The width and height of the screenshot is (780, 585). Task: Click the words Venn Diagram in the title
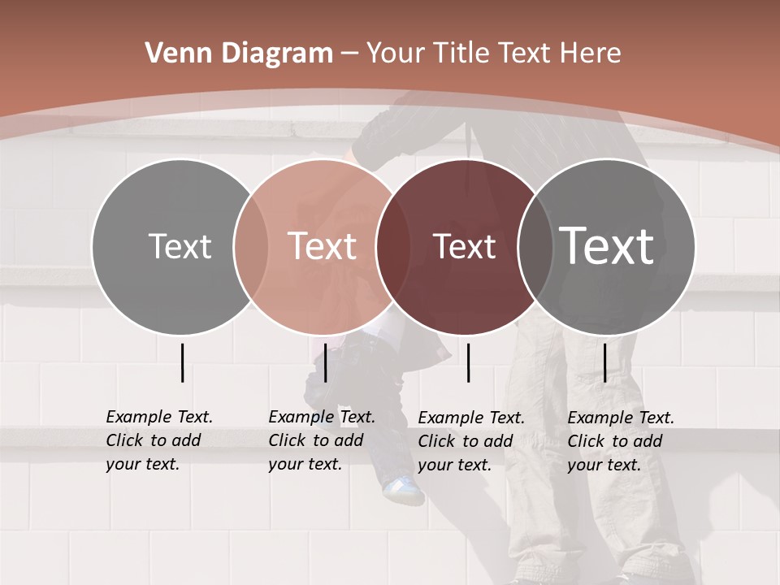[239, 54]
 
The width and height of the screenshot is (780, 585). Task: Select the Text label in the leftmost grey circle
[180, 246]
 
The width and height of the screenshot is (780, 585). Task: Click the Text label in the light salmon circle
[323, 246]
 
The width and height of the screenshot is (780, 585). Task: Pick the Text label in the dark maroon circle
[464, 246]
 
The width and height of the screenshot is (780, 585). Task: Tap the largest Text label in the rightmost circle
[607, 245]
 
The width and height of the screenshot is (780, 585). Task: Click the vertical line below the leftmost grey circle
[182, 362]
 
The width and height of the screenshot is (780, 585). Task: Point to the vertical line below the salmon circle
[325, 362]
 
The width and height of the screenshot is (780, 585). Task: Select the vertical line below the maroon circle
[469, 362]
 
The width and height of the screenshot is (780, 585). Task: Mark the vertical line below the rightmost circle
[604, 362]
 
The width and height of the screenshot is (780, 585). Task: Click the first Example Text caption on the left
[159, 440]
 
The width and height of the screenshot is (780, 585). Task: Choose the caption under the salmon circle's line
[322, 440]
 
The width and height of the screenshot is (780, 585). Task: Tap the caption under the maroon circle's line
[471, 441]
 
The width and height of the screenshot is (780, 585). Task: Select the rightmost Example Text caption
[621, 441]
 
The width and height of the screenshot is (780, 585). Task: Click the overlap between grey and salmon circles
[250, 246]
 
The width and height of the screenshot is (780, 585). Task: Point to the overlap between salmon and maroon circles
[392, 246]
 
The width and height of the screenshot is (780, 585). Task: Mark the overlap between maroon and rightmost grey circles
[535, 246]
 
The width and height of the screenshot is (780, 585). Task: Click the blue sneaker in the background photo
[404, 489]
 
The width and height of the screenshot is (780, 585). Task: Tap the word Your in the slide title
[396, 54]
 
